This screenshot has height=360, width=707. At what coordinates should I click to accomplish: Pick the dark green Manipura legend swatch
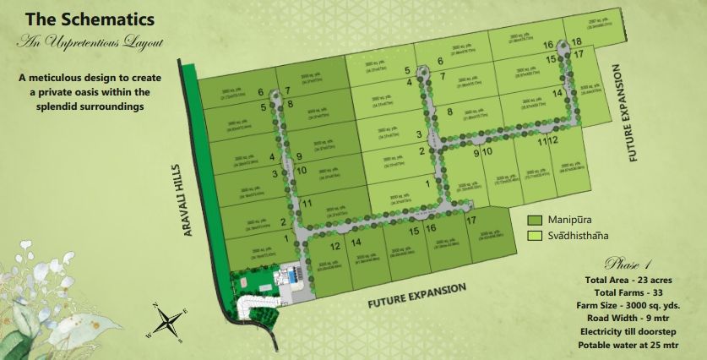pos(534,220)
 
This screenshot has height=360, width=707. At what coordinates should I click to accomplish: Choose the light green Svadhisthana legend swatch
pos(534,236)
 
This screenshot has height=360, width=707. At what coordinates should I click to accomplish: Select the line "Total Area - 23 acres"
pos(630,280)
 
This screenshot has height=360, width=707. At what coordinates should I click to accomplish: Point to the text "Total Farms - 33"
pos(630,292)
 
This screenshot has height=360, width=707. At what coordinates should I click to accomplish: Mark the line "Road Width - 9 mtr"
pos(630,319)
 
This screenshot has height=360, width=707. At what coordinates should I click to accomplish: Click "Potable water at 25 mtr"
pos(630,345)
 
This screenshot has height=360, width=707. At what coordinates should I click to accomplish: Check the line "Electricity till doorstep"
pos(630,332)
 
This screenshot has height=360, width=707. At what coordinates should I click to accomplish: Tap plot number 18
pos(576,42)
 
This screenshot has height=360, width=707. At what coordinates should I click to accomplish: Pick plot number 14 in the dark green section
pos(356,243)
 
